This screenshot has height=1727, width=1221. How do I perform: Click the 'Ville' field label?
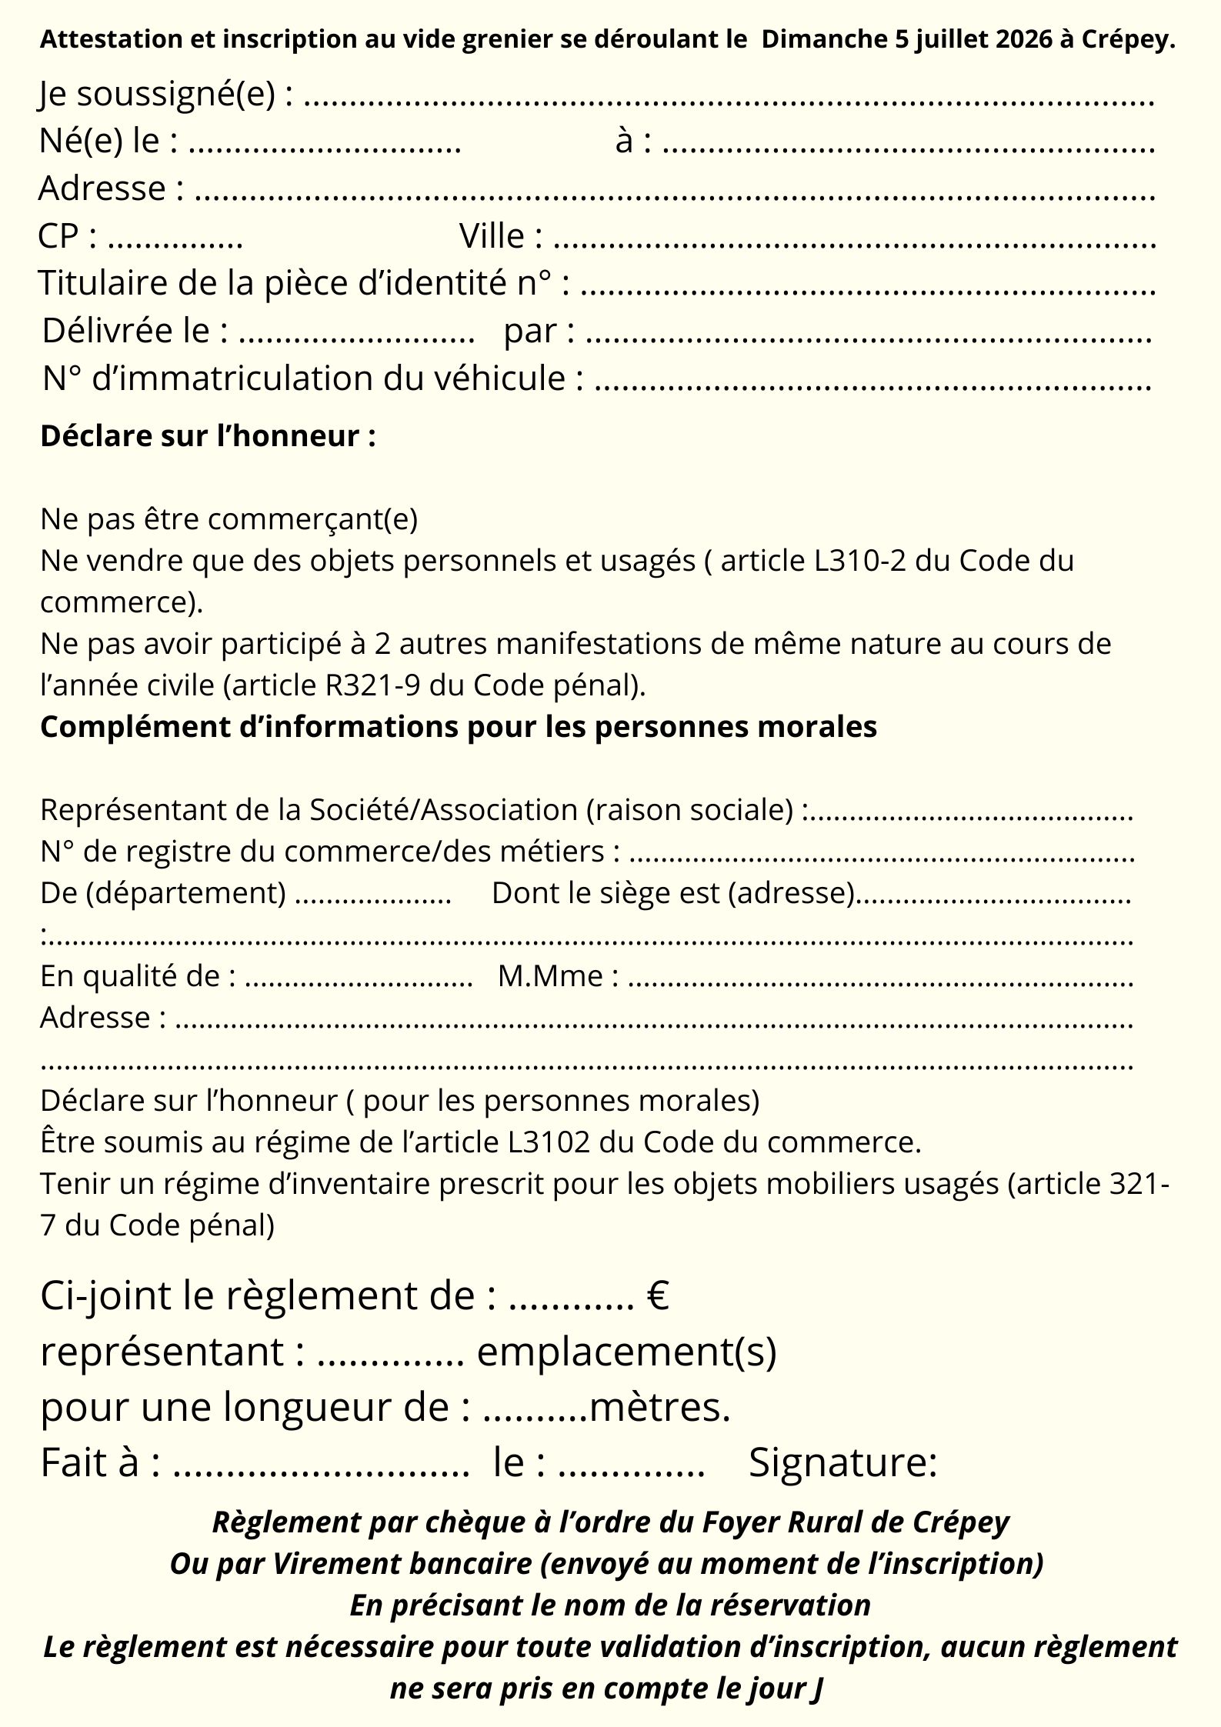(x=492, y=236)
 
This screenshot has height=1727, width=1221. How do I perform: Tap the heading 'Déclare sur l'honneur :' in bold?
(x=208, y=436)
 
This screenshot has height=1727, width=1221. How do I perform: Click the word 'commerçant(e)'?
(x=312, y=519)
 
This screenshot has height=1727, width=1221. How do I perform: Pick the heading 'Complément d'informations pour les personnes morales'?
(x=458, y=726)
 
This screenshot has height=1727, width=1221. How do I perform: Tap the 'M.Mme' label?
(x=551, y=976)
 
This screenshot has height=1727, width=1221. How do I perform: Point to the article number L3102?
(x=549, y=1142)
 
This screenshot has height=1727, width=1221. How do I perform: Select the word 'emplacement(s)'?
(x=626, y=1352)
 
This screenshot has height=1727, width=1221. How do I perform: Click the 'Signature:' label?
(x=842, y=1462)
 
